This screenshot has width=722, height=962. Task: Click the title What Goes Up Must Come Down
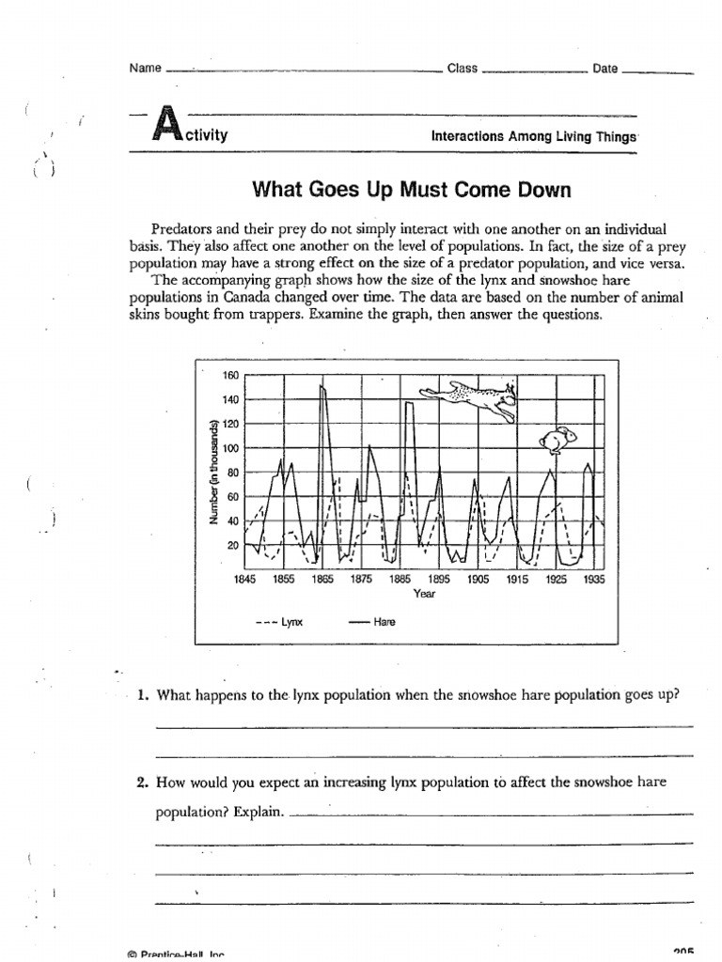coord(412,191)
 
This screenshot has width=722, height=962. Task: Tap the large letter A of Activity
coord(165,126)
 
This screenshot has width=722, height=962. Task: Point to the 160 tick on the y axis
coord(230,376)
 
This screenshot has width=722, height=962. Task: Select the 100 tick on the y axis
coord(230,448)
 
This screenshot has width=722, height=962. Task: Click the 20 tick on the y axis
coord(233,545)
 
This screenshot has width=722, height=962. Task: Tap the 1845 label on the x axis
coord(244,580)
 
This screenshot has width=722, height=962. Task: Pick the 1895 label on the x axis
coord(439,580)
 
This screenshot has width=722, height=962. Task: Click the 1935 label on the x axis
coord(594,580)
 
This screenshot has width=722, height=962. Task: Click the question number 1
coord(143,696)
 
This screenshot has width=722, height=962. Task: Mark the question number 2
coord(143,781)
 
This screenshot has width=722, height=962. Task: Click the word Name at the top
coord(145,69)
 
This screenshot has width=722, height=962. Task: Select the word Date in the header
coord(605,69)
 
